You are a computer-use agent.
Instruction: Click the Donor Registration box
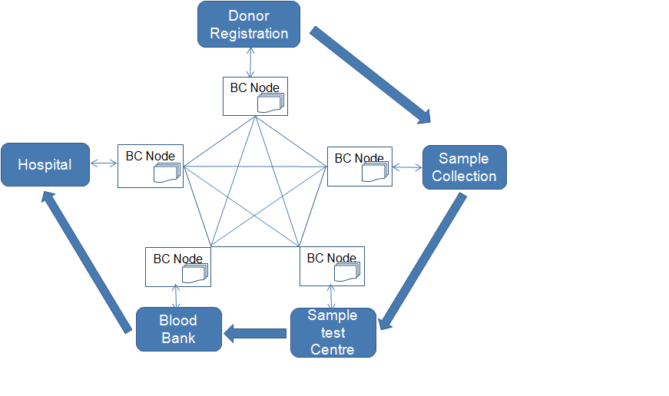coord(249,24)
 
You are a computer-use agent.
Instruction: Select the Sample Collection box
coord(464,167)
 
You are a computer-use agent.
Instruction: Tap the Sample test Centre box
coord(333,332)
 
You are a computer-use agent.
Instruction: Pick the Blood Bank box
coord(178,329)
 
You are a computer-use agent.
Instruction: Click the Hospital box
coord(45,164)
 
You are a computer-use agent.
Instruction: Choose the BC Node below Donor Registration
coord(255,96)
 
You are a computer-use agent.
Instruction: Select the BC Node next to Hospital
coord(151,165)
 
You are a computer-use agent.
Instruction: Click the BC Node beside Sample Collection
coord(359,167)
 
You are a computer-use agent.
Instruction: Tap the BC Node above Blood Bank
coord(178,266)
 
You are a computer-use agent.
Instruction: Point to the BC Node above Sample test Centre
coord(332,266)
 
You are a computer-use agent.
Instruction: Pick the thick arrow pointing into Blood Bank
coord(255,333)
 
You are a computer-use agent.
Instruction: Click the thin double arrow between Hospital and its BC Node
coord(104,163)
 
